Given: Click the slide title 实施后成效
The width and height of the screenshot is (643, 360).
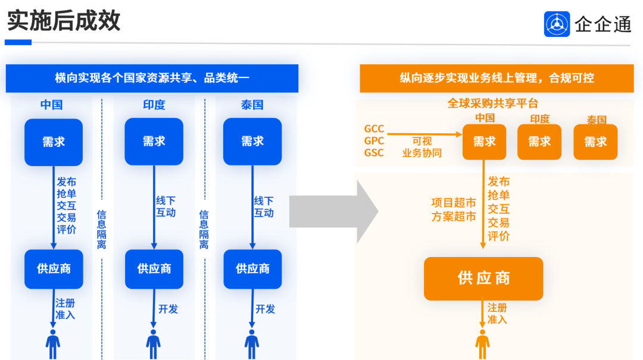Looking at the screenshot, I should tap(64, 21).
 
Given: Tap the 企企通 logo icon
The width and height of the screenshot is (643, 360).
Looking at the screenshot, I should tap(557, 24).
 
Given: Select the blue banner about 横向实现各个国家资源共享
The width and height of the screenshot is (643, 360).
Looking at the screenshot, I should tap(152, 78).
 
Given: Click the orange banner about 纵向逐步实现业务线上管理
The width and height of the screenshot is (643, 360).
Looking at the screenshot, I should tap(497, 78).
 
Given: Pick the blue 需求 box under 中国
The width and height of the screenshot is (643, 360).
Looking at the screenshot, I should tap(54, 142).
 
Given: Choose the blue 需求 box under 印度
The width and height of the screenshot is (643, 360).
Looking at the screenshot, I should tap(154, 142).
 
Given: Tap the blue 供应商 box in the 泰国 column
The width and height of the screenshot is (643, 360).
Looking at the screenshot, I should tap(252, 269).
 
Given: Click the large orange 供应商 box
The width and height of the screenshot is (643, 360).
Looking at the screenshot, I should tap(483, 278).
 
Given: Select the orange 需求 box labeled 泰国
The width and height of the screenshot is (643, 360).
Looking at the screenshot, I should tap(595, 142).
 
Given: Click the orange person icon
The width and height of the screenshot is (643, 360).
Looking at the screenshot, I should tap(482, 343).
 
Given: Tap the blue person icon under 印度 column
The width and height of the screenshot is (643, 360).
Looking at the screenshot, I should tap(154, 343).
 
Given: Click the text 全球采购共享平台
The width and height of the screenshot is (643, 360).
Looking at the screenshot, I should tap(492, 104).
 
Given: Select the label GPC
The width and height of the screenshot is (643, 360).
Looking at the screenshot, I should tap(374, 141).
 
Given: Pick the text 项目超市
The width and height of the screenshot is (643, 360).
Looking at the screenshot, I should tap(454, 203).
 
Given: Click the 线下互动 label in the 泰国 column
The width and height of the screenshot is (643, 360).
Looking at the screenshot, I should tap(264, 206).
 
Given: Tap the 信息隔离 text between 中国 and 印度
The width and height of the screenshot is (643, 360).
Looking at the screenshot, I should tap(102, 229).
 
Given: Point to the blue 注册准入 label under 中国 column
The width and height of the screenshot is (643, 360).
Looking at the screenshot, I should tap(65, 308).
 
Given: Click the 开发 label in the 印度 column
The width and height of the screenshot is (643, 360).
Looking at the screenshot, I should tap(168, 309).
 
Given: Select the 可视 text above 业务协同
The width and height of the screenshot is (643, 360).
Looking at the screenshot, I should tap(422, 141).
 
